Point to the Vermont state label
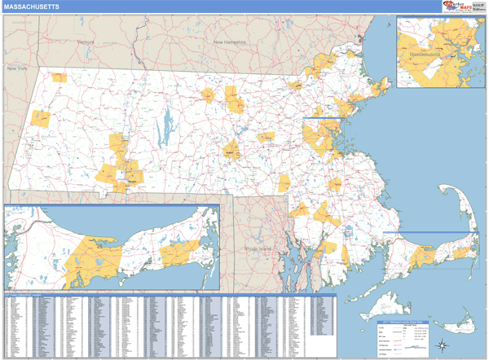[85, 42]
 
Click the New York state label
[18, 69]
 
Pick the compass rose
[442, 343]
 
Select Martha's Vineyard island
[383, 307]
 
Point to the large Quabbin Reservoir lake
[167, 125]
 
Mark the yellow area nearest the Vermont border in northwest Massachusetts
[58, 78]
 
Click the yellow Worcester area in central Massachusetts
[231, 149]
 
